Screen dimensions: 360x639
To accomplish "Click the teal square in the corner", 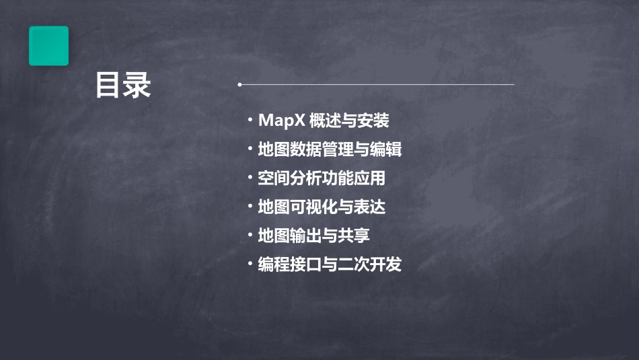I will pos(48,46).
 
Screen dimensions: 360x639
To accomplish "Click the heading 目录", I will pos(123,85).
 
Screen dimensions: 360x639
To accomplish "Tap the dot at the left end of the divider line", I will pos(239,85).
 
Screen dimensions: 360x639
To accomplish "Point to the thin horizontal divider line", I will pos(377,85).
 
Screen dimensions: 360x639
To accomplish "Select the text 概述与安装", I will pos(350,121).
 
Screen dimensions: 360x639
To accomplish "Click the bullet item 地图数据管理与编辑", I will pos(330,149).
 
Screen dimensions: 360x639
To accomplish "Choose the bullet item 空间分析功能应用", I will pos(322,178).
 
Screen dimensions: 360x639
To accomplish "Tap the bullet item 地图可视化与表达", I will pos(322,207).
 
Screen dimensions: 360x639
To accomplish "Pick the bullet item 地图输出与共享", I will pos(313,236).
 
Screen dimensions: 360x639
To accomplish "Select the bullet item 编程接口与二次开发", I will pos(330,264).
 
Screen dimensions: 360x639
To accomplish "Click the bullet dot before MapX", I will pos(250,121).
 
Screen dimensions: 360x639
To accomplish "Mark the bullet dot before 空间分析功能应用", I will pos(250,178).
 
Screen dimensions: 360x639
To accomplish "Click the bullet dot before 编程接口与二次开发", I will pos(250,264).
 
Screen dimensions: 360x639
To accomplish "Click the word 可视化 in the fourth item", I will pos(313,207).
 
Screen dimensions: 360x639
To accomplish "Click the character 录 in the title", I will pos(137,85).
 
